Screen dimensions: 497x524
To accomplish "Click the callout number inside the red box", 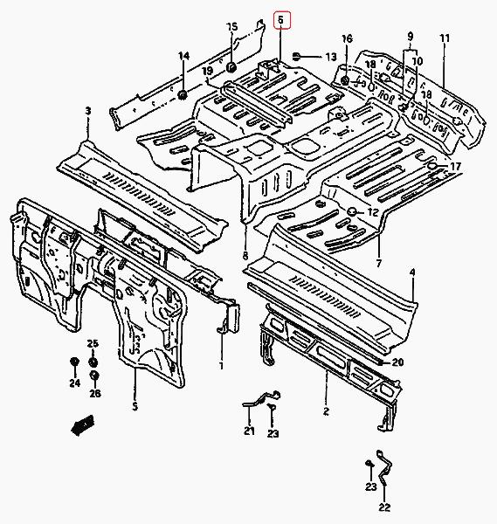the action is pos(280,20).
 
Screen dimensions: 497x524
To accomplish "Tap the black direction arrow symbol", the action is pos(83,425).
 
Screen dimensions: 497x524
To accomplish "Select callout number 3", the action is pos(88,111).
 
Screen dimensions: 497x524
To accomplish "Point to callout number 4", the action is pos(412,272).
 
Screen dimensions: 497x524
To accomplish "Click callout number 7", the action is pos(378,264).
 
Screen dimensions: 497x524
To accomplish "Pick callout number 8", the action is pos(245,256).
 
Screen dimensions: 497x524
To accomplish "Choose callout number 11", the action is pos(445,38).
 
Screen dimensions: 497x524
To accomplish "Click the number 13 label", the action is pos(331,57).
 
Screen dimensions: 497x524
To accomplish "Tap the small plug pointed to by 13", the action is pos(296,56).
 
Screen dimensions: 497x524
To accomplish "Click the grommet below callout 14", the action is pos(183,94).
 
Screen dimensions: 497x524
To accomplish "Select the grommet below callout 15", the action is pos(231,67).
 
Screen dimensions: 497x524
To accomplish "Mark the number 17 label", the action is pos(455,166).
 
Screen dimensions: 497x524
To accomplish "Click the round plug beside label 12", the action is pos(352,211).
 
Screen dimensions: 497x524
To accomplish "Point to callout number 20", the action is pos(397,362).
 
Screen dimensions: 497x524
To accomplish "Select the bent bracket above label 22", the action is pos(383,467).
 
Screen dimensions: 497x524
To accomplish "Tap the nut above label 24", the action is pos(74,362).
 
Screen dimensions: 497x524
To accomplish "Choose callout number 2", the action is pos(326,411).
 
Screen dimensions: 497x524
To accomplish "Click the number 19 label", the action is pos(208,71).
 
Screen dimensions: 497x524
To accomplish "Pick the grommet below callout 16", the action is pos(346,80).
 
